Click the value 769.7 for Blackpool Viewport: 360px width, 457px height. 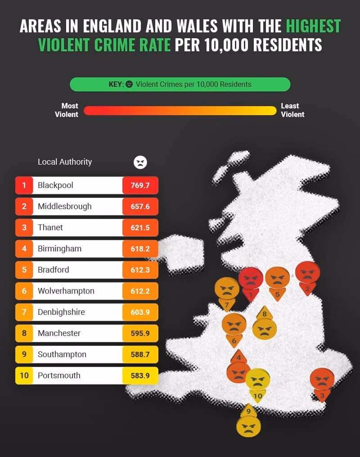(140, 185)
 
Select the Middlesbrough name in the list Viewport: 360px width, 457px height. (64, 206)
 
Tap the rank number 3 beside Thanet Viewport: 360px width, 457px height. (24, 228)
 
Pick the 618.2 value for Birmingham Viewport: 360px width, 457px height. (140, 249)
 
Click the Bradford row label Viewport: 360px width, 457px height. (53, 270)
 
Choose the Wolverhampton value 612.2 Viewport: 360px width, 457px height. (140, 291)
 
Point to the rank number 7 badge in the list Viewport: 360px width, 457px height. (24, 312)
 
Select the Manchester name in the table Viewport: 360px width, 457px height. (59, 333)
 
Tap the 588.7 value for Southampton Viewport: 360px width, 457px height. (140, 354)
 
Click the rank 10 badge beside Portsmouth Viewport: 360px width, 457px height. (24, 376)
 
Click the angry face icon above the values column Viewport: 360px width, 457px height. (140, 162)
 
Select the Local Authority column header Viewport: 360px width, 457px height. (64, 162)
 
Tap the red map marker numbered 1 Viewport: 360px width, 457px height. (251, 281)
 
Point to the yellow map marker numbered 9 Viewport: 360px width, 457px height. (248, 423)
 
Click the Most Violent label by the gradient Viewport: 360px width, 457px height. (67, 110)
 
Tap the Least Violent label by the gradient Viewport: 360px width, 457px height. (292, 110)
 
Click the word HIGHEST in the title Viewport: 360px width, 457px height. (313, 27)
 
